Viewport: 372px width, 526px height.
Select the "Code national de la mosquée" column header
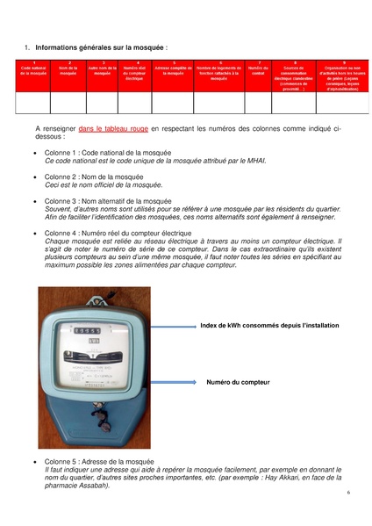pyautogui.click(x=33, y=71)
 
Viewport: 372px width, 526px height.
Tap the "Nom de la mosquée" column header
pyautogui.click(x=68, y=71)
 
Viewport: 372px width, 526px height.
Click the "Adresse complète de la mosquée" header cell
pyautogui.click(x=173, y=71)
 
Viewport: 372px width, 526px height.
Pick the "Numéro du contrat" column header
pyautogui.click(x=257, y=71)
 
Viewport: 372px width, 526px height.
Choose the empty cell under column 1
pyautogui.click(x=33, y=103)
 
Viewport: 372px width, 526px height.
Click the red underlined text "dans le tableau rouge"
pyautogui.click(x=112, y=128)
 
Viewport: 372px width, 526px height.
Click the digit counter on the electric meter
pyautogui.click(x=87, y=330)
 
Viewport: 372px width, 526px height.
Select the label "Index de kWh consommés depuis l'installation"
pyautogui.click(x=269, y=325)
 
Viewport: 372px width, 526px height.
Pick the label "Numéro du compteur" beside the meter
pyautogui.click(x=238, y=382)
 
